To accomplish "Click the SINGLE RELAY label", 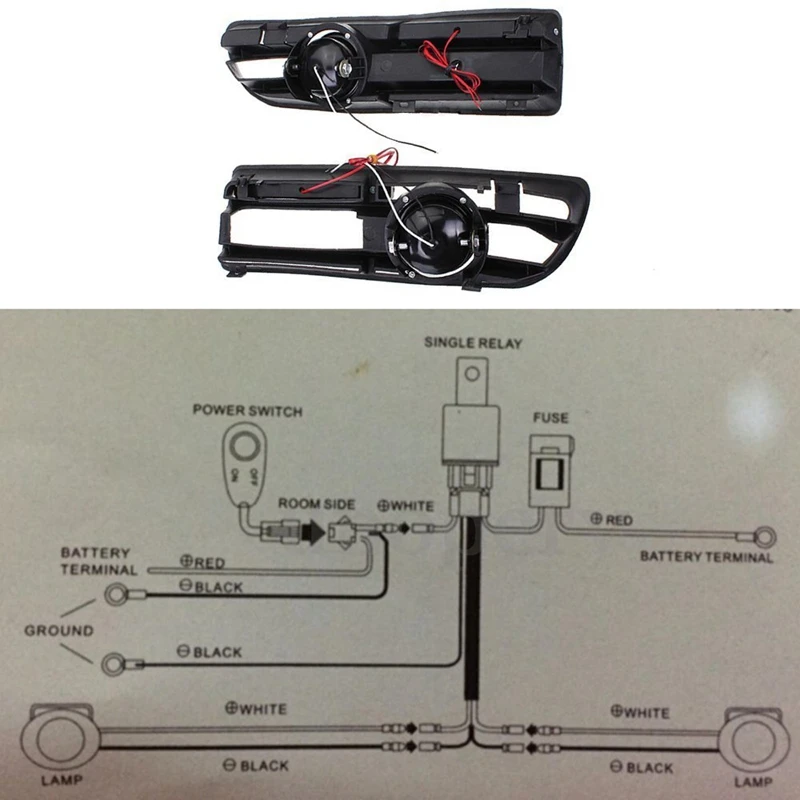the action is (473, 342).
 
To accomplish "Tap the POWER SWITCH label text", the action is (246, 410).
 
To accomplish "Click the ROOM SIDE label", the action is (315, 504).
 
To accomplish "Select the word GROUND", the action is (58, 631).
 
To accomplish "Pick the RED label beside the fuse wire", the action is (612, 520).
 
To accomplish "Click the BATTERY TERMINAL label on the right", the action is (706, 556).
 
